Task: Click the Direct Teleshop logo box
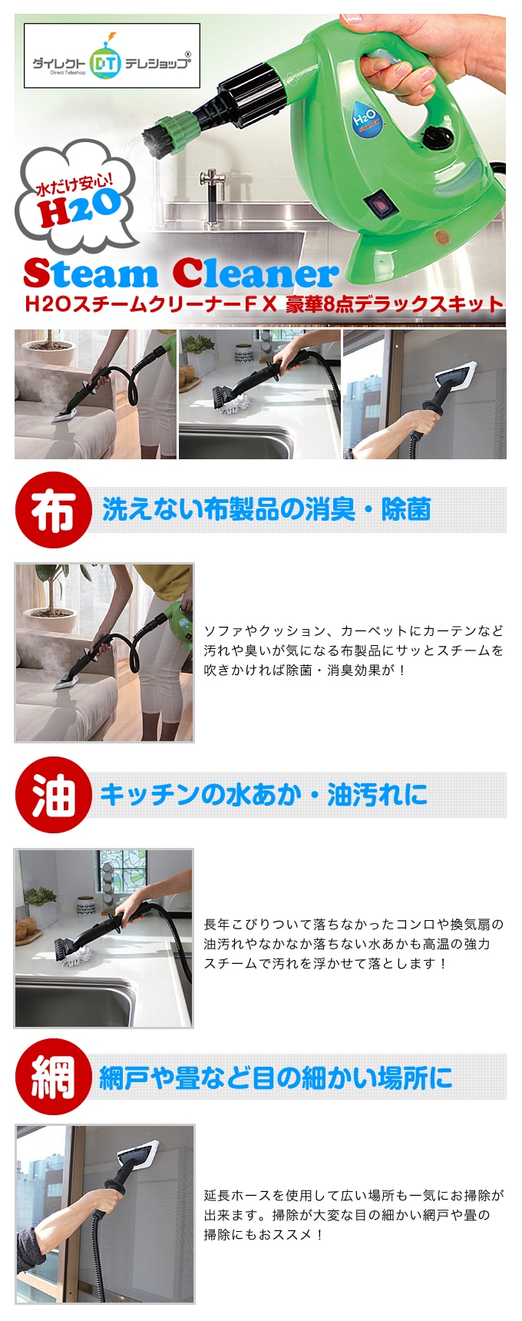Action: (112, 55)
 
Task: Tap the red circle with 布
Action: (53, 509)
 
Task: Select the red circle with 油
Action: (53, 795)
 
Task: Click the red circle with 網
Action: (53, 1077)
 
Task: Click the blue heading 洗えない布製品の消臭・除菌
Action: (266, 509)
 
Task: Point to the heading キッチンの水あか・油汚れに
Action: (264, 795)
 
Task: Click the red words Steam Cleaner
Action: (180, 273)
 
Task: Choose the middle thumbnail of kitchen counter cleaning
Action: (259, 394)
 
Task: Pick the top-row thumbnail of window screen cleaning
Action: (425, 394)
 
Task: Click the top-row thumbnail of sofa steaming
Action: (95, 394)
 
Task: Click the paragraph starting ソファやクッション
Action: (354, 651)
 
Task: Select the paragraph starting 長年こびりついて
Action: (354, 944)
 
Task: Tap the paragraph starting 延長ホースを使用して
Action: (354, 1215)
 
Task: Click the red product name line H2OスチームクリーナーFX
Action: (264, 304)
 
